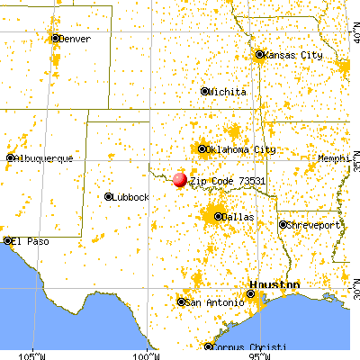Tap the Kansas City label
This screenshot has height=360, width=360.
pos(293,56)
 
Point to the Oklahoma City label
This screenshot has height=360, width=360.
pos(236,149)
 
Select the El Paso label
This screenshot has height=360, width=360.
pos(28,241)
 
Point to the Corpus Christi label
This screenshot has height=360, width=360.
pos(250,347)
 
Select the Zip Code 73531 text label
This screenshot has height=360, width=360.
pos(227,181)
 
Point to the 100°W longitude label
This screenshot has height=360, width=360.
pos(146,352)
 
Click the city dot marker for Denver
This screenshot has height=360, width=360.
pos(56,39)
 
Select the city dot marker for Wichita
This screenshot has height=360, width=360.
pos(205,92)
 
